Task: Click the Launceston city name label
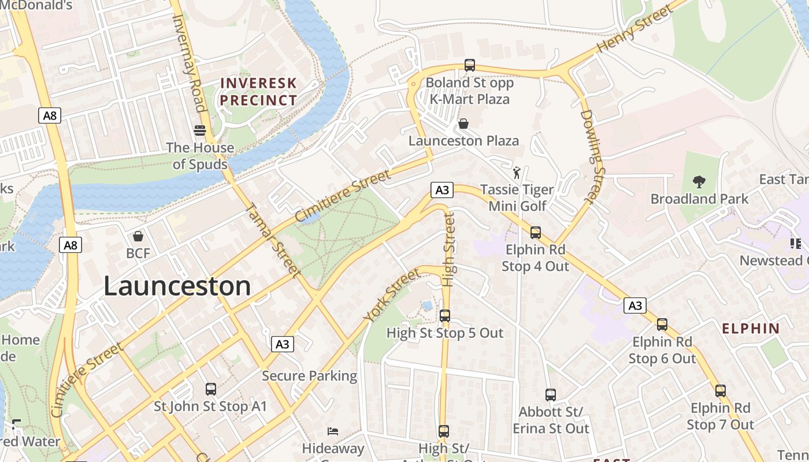point(177,286)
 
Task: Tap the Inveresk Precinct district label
point(258,91)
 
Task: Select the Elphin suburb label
point(751,329)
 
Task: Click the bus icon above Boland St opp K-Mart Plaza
point(470,65)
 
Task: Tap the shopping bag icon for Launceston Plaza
point(463,124)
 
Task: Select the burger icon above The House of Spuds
point(200,130)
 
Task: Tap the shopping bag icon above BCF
point(138,236)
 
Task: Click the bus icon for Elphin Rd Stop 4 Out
point(536,233)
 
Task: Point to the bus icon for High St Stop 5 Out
point(445,316)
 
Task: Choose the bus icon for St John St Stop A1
point(211,389)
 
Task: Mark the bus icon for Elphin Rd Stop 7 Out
point(721,391)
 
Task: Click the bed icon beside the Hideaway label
point(333,431)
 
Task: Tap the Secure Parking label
point(310,376)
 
